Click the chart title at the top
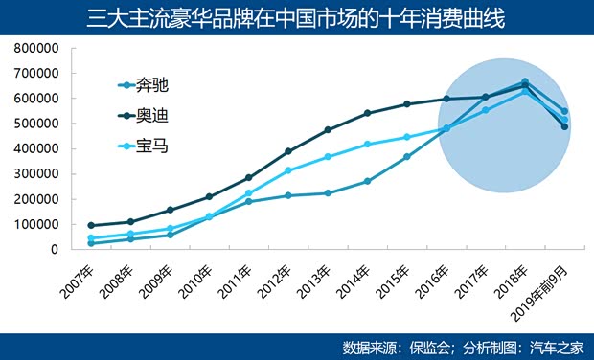click(297, 18)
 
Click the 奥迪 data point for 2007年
click(91, 226)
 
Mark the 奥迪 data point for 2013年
click(328, 129)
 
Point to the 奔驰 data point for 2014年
click(367, 181)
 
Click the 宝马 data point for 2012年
click(288, 170)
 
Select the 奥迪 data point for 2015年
click(406, 104)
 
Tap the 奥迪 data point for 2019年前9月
click(564, 126)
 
